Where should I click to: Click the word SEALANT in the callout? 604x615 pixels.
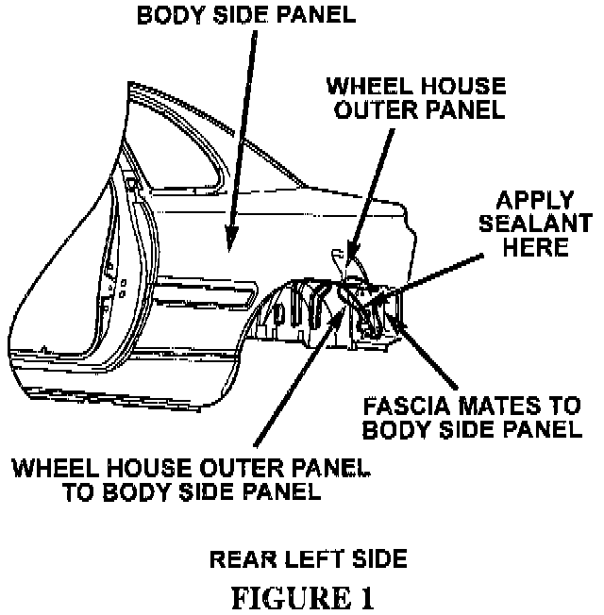point(536,226)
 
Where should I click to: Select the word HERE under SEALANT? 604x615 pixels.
point(536,248)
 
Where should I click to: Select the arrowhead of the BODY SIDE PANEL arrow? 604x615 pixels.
point(228,248)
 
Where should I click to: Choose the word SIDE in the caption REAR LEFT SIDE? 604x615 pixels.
point(375,558)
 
